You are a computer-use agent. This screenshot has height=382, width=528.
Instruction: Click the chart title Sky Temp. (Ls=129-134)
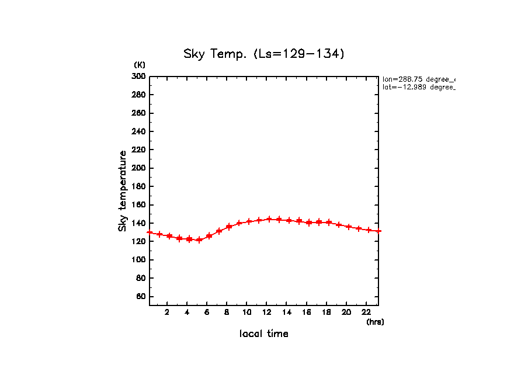264,54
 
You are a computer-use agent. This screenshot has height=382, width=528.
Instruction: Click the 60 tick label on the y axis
140,297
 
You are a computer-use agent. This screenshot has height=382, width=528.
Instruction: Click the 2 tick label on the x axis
167,312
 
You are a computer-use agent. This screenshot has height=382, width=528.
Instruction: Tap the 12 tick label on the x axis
267,312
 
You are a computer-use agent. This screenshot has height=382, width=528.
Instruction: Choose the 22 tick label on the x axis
366,312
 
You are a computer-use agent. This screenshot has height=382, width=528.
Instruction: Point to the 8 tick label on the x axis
227,312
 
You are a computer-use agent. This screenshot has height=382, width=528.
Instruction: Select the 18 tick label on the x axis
326,312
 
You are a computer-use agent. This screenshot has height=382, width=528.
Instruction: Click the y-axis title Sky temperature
123,191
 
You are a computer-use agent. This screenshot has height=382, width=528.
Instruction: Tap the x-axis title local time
264,334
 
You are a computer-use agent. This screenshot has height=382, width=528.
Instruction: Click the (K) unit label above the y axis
140,65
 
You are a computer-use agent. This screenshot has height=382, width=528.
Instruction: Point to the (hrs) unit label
375,322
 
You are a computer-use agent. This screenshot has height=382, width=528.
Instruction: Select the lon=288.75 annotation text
418,79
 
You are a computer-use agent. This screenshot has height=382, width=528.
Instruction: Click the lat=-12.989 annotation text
418,87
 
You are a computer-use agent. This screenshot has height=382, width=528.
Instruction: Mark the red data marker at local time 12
269,219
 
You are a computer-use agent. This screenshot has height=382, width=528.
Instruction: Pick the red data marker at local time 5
199,239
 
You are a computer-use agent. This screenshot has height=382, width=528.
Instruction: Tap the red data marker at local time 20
349,227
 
